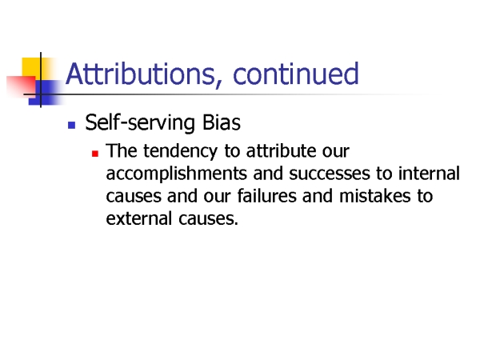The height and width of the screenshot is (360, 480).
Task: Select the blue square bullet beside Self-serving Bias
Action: (x=72, y=125)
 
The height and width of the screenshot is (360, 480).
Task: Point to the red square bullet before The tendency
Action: (x=95, y=153)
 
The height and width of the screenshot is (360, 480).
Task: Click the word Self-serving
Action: (x=140, y=123)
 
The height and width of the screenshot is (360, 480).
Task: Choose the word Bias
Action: (x=222, y=122)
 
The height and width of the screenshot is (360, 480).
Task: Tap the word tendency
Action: (x=180, y=151)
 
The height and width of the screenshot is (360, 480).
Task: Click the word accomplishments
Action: (x=176, y=174)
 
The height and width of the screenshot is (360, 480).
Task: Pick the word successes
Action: (x=330, y=174)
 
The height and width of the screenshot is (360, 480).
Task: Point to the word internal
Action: (x=429, y=173)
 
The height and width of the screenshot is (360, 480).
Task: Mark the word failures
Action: (x=266, y=196)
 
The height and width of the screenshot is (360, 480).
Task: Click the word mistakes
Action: (x=375, y=196)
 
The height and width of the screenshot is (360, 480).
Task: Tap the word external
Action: (x=138, y=218)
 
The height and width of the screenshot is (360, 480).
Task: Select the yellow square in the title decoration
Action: (x=31, y=68)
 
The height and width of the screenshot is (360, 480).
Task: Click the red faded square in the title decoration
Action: (x=21, y=86)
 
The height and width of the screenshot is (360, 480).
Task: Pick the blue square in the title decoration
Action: (x=46, y=93)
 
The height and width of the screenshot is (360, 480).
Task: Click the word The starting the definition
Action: (x=122, y=150)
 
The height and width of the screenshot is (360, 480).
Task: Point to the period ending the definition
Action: (x=236, y=224)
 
